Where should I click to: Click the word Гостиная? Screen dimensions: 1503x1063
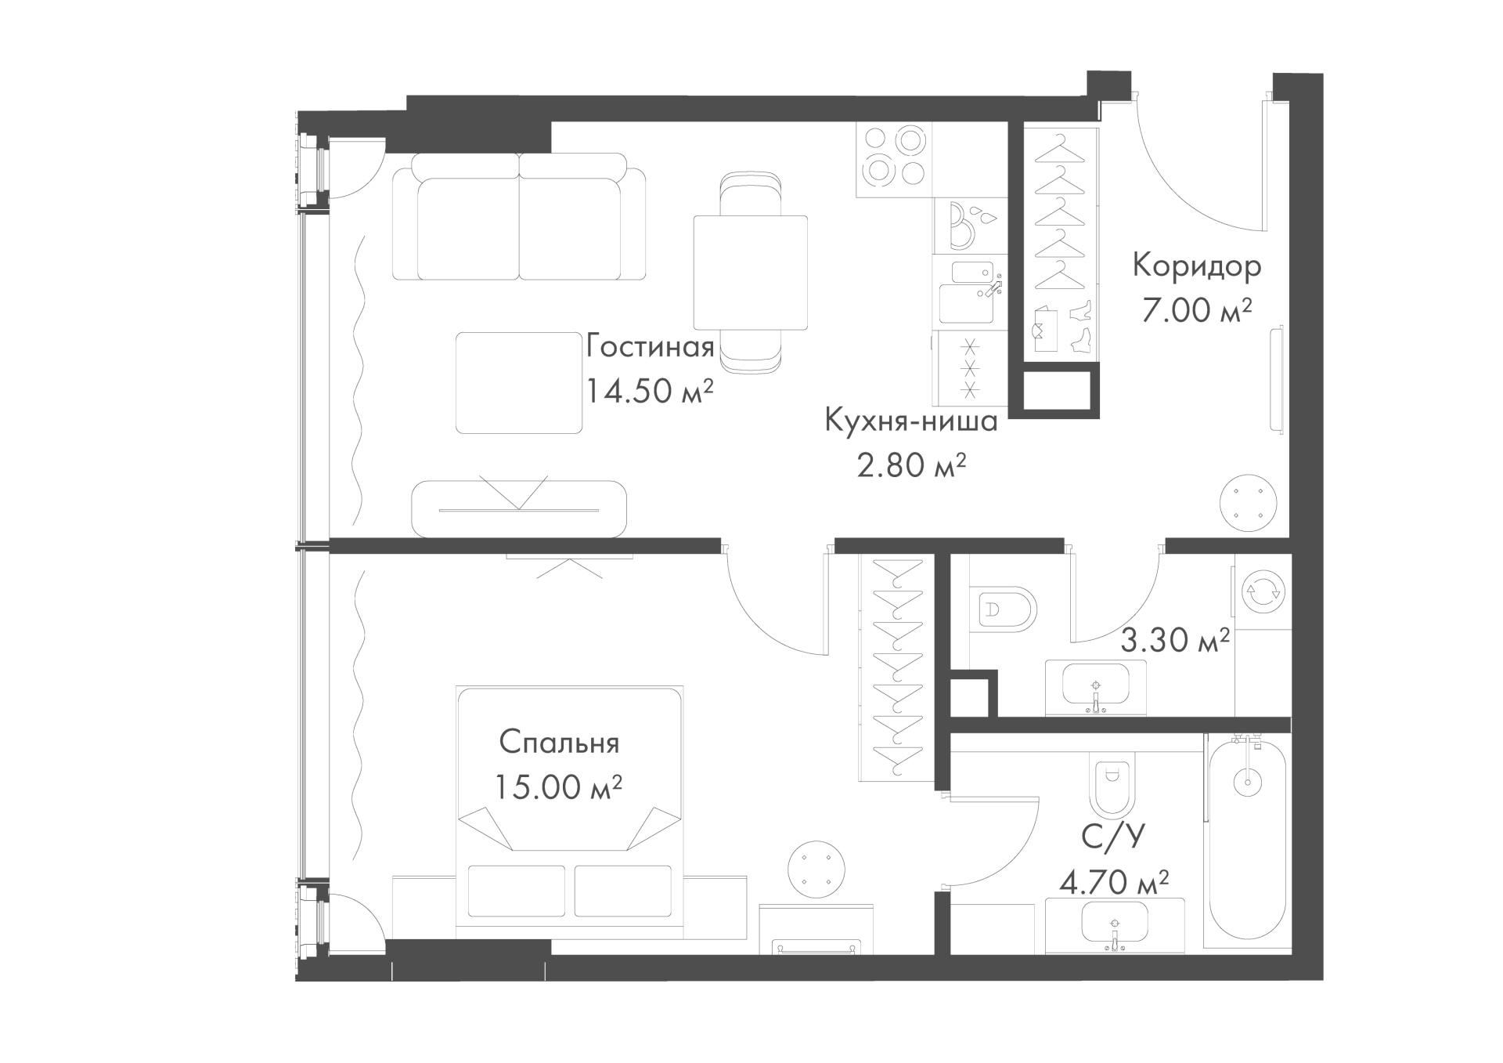650,346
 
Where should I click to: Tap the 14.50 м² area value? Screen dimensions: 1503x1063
650,391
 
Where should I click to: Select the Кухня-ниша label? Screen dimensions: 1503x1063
911,421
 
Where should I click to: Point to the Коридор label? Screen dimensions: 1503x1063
1197,266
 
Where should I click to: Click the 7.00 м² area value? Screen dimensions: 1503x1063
1197,310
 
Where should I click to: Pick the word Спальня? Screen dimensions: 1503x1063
559,742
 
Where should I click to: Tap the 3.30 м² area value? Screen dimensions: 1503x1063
1175,641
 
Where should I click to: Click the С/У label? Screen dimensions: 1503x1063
1112,837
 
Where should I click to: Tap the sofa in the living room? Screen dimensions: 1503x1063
519,216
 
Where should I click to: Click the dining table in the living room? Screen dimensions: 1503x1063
750,273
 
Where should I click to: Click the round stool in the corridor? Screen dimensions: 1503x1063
1250,503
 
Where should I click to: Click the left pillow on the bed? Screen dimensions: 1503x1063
517,890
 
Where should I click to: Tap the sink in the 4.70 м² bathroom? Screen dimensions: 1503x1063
1115,925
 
